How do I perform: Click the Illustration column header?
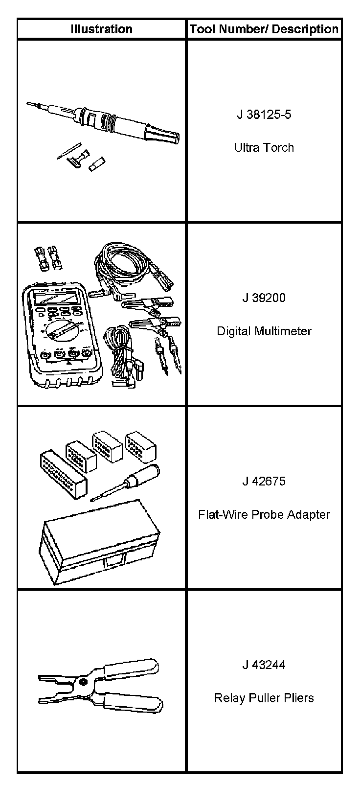pos(101,29)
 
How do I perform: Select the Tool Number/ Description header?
pos(264,29)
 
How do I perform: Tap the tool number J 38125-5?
pos(264,115)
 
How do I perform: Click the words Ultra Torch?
pos(264,147)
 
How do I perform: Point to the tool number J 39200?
pos(264,298)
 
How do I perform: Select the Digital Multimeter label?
pos(264,331)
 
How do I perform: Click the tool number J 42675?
pos(264,481)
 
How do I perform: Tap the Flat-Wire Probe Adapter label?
pos(264,514)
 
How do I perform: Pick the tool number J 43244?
pos(264,665)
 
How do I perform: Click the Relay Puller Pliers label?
pos(264,698)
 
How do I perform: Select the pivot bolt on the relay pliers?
pos(84,682)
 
